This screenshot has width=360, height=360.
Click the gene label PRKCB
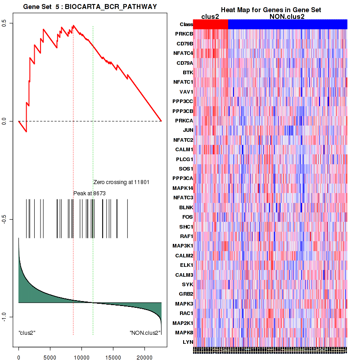[x=184, y=34]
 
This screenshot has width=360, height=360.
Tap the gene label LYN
[x=188, y=342]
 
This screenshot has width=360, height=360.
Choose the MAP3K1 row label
[x=182, y=246]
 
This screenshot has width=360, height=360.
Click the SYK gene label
[x=187, y=284]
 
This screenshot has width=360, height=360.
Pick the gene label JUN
[x=188, y=130]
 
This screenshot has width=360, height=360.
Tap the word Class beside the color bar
[x=186, y=24]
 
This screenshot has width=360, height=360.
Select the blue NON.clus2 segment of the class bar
[x=288, y=24]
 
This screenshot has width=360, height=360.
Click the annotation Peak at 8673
[x=90, y=193]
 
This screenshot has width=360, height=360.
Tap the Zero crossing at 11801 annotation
[x=121, y=182]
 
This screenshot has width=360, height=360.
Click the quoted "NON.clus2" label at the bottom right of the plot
[x=145, y=333]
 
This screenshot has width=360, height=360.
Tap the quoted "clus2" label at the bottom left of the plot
[x=27, y=333]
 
